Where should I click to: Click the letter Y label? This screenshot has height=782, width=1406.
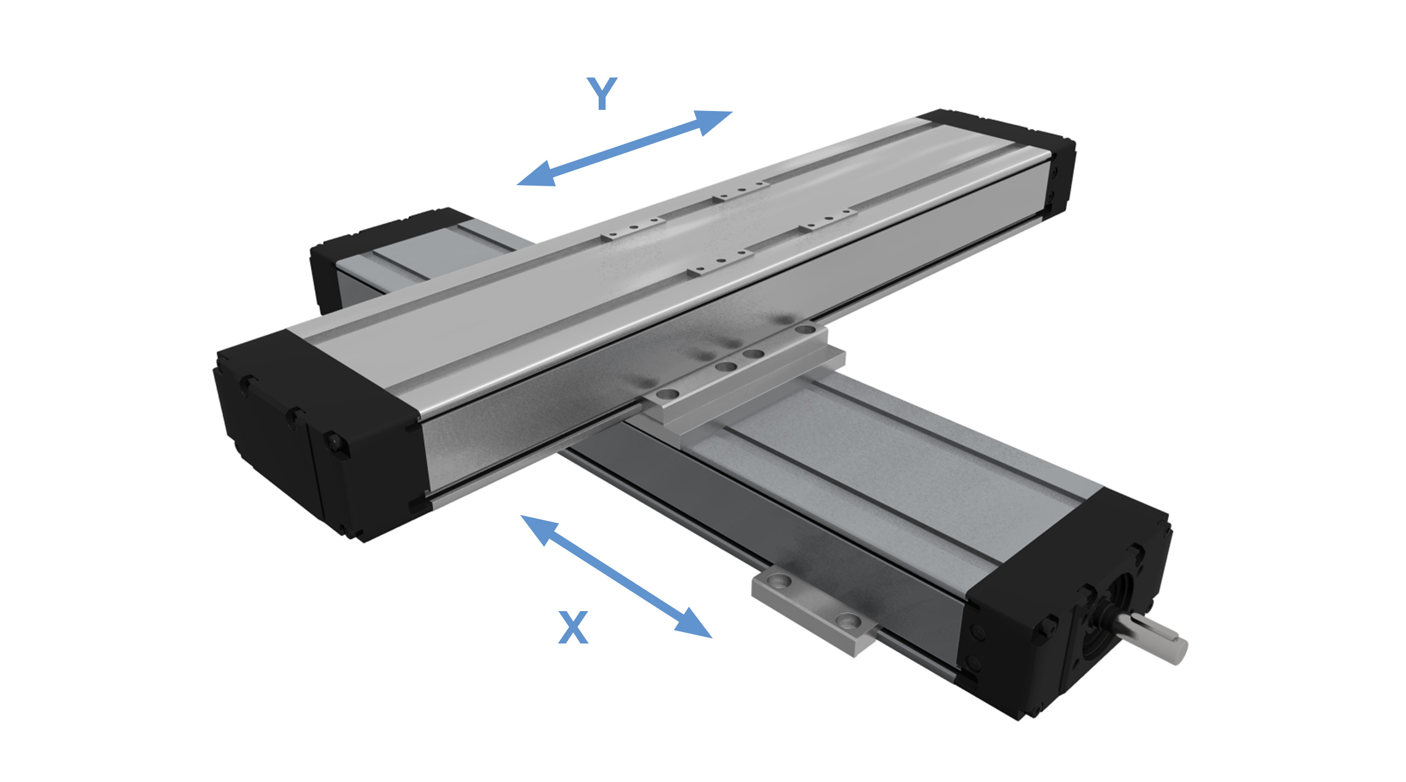click(x=602, y=93)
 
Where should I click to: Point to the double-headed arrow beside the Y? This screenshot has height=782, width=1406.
click(x=624, y=148)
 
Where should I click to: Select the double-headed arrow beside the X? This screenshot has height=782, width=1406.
click(x=616, y=577)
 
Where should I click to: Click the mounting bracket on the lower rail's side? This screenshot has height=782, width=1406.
click(x=813, y=613)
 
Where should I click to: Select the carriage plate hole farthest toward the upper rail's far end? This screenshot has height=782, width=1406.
click(x=805, y=330)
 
